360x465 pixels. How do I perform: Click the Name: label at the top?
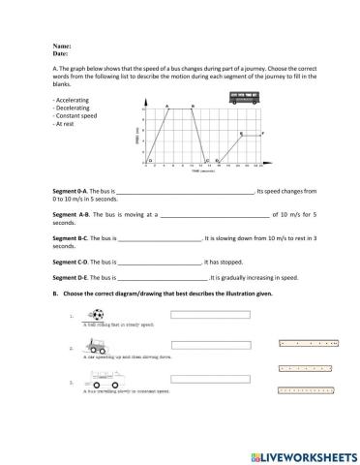[60, 45]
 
